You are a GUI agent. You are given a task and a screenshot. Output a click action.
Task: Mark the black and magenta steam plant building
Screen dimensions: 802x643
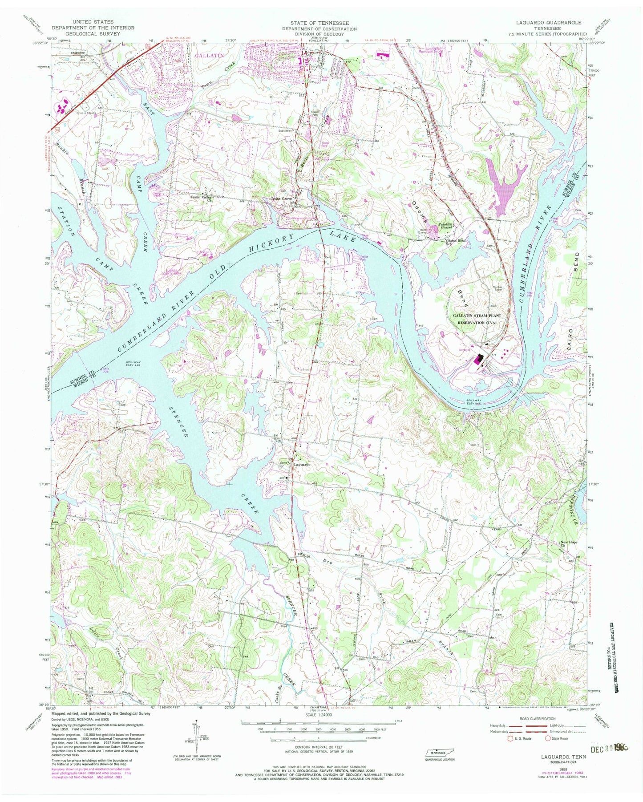(479, 359)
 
